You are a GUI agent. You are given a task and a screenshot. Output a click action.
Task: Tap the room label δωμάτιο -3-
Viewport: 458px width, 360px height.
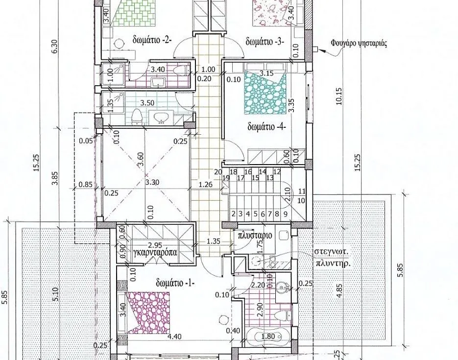pos(265,41)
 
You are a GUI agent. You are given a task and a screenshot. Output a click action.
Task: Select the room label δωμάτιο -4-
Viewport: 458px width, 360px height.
pos(266,127)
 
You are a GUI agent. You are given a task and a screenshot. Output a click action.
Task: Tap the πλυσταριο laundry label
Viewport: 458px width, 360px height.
pos(255,235)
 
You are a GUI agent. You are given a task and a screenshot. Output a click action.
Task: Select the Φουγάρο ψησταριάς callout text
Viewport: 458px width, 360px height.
pos(359,44)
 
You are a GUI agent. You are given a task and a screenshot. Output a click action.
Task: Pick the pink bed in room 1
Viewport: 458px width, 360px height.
pos(148,312)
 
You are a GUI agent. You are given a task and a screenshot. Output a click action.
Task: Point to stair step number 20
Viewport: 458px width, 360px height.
pos(218,172)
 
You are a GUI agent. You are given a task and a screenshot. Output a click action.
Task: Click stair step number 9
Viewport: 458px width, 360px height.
pos(286,214)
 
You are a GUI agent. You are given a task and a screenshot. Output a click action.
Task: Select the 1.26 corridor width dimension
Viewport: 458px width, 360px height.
pos(205,184)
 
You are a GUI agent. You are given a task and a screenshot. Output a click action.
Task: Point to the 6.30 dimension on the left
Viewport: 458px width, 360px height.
pos(55,46)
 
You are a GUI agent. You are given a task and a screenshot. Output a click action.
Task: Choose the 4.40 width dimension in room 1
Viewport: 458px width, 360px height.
pos(174,336)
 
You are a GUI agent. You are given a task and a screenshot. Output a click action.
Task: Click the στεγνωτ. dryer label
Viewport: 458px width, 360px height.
pos(332,252)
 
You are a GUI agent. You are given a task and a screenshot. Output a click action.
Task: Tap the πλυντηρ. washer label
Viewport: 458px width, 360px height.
pos(333,264)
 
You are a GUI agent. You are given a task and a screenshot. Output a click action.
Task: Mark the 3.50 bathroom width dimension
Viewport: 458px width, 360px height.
pos(147,103)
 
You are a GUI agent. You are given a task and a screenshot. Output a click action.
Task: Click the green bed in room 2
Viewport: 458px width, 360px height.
pos(134,13)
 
